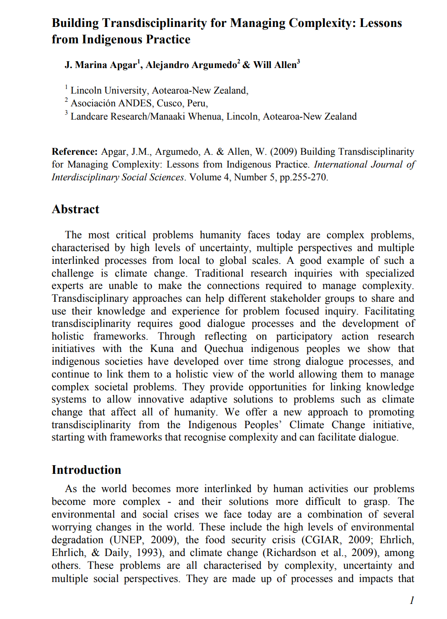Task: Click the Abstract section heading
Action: (75, 210)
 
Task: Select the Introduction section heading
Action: (86, 470)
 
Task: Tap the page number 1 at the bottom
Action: (412, 601)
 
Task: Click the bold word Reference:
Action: (74, 152)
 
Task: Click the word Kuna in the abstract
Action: (162, 349)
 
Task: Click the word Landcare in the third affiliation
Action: (89, 117)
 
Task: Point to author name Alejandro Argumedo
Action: (191, 65)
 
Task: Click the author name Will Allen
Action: (275, 65)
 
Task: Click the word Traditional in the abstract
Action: (219, 273)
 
